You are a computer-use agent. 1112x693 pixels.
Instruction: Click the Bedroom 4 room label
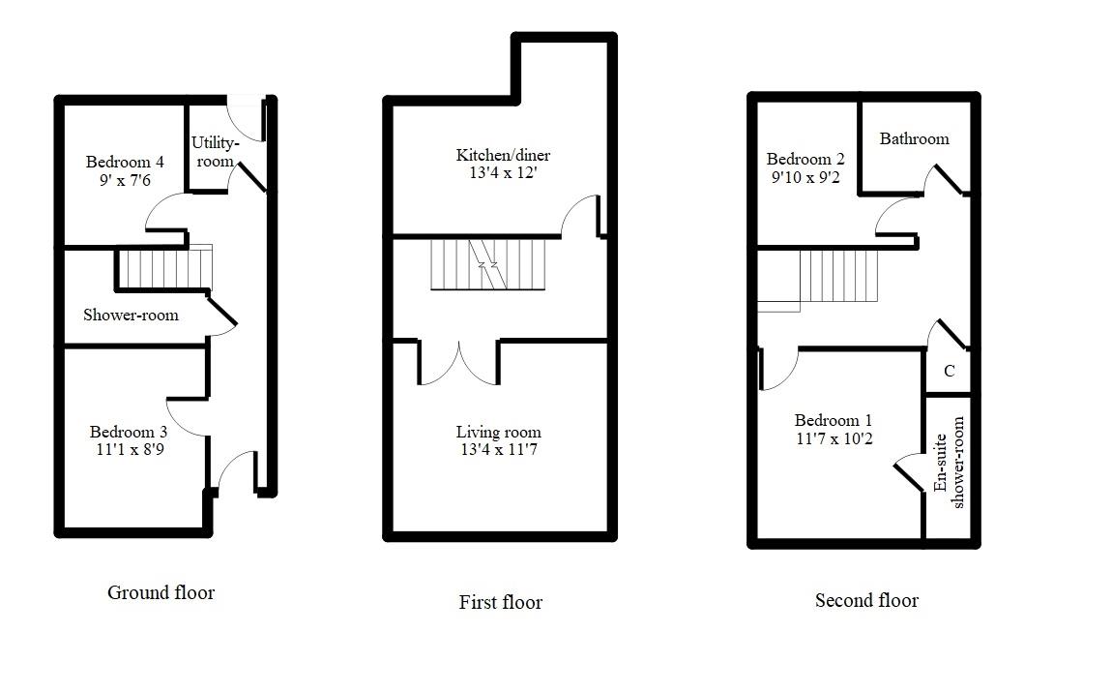(125, 162)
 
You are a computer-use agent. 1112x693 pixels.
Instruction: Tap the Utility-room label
(214, 152)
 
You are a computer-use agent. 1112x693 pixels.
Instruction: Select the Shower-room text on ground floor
(131, 315)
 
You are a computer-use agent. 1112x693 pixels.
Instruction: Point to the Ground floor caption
(161, 592)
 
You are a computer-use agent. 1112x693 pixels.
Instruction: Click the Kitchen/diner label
(503, 155)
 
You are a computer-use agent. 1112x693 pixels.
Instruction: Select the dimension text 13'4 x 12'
(503, 173)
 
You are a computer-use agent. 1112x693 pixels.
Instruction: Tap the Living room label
(498, 432)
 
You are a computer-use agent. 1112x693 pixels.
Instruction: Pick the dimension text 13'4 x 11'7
(498, 450)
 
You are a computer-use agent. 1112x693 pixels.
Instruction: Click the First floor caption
(500, 602)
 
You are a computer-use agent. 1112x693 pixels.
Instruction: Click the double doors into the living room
(458, 363)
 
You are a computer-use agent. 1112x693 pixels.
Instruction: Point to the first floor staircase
(487, 264)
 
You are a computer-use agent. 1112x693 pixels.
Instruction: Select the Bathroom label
(914, 138)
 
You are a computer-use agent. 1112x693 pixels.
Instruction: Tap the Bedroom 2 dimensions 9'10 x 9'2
(805, 177)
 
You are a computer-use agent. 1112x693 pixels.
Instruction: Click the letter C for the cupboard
(949, 371)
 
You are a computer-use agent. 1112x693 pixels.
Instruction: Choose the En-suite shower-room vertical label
(950, 463)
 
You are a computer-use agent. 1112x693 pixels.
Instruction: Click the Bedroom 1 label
(833, 420)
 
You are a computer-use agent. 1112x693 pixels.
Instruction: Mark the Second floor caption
(866, 601)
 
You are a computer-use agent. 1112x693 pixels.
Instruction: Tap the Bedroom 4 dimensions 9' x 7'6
(125, 180)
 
